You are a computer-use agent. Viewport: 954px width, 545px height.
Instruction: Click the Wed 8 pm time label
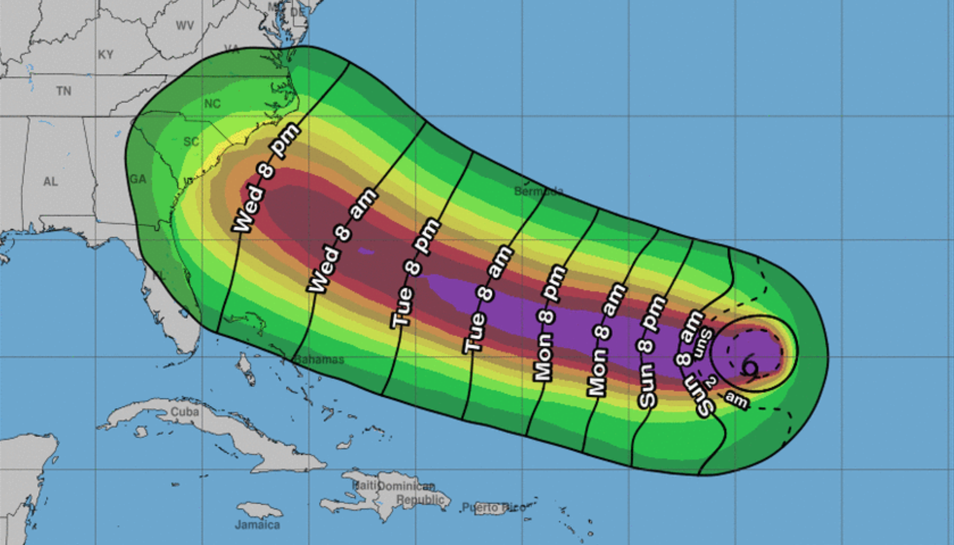pos(266,178)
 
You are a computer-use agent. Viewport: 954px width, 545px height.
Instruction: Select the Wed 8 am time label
pos(343,240)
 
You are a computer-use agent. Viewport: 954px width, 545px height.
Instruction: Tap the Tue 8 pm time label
pos(415,273)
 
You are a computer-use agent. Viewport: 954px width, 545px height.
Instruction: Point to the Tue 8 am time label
pos(487,299)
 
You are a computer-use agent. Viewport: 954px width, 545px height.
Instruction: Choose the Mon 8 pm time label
pos(550,323)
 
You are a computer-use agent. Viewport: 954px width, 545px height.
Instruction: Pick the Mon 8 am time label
pos(606,339)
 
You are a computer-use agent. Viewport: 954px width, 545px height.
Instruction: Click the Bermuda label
pos(538,191)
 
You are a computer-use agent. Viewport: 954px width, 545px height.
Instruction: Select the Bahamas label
pos(319,360)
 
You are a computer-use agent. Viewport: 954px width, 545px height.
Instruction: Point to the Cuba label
pos(185,411)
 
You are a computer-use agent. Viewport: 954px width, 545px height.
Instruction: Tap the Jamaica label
pos(257,525)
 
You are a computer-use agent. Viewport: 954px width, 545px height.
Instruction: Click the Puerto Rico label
pos(494,507)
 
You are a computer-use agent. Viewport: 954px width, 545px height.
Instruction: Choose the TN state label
pos(64,91)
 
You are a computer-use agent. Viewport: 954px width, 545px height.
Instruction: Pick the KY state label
pos(105,55)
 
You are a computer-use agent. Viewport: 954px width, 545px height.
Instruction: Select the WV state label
pos(185,25)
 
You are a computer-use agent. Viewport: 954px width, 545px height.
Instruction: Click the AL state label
pos(50,181)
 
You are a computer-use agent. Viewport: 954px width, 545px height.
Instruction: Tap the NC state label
pos(212,104)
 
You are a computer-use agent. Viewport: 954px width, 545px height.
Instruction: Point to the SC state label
pos(191,141)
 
